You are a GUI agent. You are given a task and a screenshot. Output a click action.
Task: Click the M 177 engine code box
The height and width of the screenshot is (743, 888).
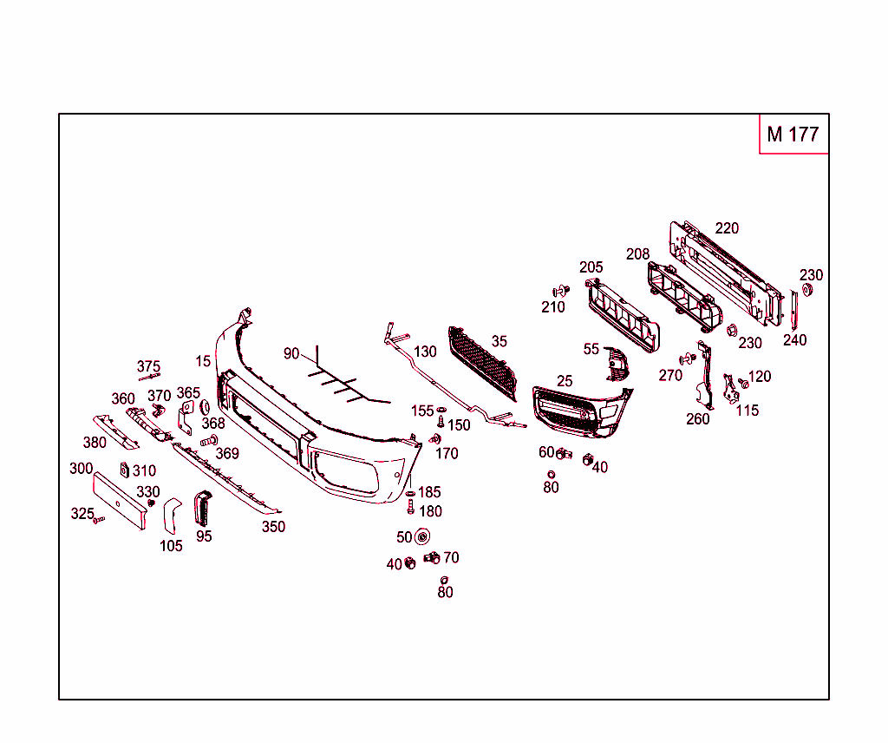[793, 134]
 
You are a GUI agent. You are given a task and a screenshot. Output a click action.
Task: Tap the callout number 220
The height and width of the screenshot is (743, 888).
[727, 228]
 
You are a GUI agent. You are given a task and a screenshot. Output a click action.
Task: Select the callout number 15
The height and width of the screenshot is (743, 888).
[203, 361]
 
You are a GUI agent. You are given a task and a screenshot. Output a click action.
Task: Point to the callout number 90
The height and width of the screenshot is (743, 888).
[291, 354]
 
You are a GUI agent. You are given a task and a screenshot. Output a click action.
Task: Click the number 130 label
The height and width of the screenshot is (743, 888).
[425, 352]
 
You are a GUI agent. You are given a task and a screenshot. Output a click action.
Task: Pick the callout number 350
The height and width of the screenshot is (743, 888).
[273, 527]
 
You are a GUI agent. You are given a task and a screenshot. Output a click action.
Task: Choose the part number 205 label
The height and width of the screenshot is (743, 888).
[591, 267]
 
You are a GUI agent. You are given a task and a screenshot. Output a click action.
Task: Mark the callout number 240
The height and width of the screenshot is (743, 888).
[794, 340]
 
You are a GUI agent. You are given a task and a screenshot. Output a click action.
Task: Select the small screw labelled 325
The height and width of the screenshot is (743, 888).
[99, 519]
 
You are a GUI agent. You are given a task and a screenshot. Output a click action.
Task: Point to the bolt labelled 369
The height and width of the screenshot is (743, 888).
[208, 441]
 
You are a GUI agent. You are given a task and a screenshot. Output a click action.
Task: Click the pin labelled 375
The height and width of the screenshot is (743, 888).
[149, 377]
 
